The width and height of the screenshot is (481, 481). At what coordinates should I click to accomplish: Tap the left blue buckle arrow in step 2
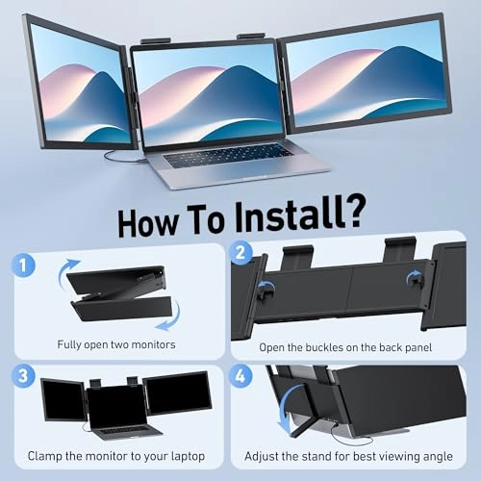[x=265, y=285]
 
